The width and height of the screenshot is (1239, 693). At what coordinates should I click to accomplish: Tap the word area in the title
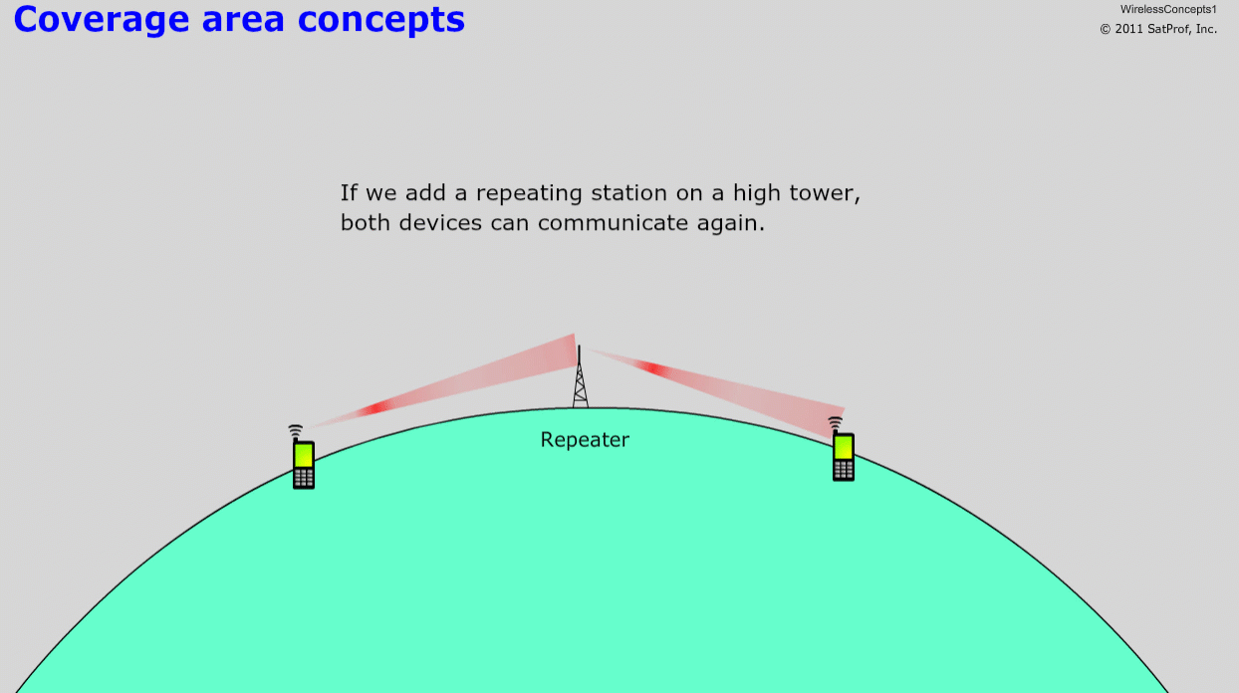(x=243, y=20)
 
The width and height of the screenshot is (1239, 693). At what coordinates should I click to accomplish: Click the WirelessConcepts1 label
(x=1168, y=9)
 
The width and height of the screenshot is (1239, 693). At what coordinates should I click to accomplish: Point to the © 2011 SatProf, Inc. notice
(x=1158, y=29)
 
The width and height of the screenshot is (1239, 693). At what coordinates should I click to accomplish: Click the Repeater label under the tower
(x=585, y=440)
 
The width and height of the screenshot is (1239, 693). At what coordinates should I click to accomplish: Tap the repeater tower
(x=580, y=377)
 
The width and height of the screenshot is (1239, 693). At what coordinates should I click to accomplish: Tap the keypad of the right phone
(x=843, y=470)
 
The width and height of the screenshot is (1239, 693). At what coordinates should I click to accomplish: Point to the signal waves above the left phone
(x=296, y=430)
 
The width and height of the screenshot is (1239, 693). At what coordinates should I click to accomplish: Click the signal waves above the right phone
(x=835, y=423)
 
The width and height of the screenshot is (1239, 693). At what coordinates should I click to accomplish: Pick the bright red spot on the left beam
(x=378, y=408)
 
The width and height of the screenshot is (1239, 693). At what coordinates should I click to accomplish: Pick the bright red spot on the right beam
(x=653, y=368)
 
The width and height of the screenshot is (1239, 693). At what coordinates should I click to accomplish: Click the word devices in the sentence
(x=440, y=223)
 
